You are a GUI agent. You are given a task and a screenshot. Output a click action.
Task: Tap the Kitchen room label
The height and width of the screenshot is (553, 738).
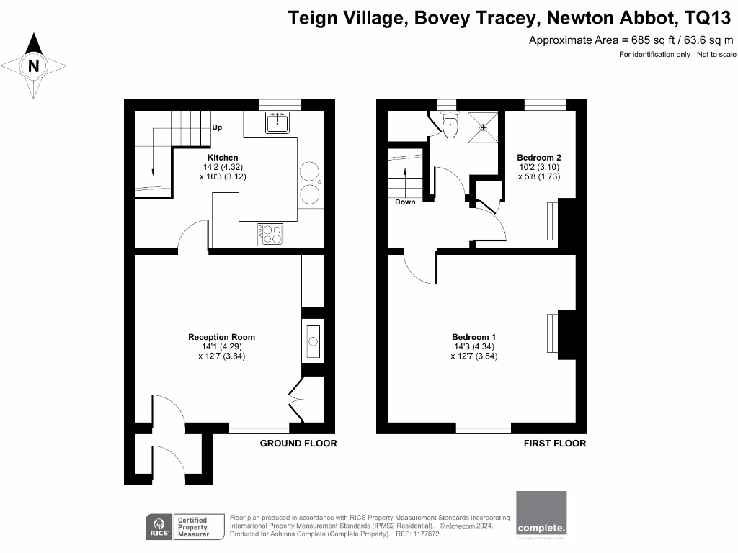[223, 158]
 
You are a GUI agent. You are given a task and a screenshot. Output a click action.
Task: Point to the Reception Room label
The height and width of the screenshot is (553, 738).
[221, 337]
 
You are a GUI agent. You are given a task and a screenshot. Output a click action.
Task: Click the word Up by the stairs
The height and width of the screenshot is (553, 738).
[217, 127]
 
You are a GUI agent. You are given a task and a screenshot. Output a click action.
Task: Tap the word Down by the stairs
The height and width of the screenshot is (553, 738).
[405, 202]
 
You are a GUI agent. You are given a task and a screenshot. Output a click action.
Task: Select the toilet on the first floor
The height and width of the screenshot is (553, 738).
[450, 127]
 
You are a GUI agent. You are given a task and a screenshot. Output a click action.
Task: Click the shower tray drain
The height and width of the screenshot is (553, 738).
[483, 127]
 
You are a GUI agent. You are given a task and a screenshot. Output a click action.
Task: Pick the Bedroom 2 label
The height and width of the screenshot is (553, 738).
[539, 158]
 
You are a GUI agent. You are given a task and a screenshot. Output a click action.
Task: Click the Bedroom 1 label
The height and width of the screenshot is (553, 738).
[474, 337]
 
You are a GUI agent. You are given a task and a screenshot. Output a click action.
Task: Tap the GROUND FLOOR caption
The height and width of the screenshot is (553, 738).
[298, 444]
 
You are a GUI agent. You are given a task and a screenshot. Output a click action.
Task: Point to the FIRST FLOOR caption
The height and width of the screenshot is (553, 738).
[554, 444]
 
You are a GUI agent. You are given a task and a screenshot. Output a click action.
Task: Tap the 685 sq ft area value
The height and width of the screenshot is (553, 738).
[653, 40]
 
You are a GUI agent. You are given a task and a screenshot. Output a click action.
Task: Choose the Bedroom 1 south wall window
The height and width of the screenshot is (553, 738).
[483, 428]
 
